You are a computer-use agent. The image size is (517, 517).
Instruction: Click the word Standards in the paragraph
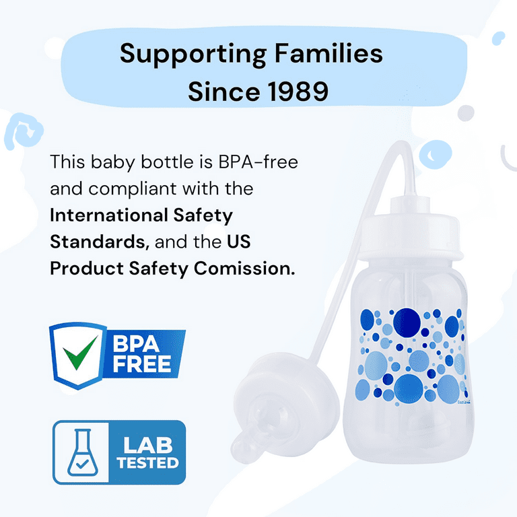92,241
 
